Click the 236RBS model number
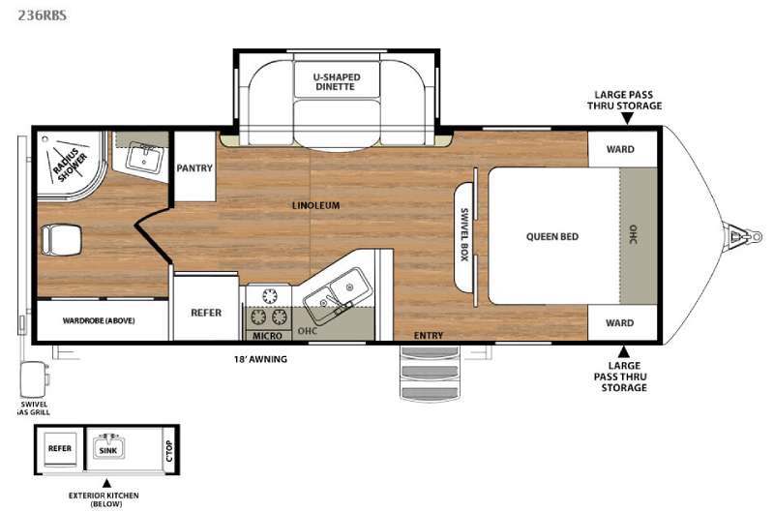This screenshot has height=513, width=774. pos(42,15)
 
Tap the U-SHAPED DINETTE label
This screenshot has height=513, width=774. pos(337,82)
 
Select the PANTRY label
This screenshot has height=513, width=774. pos(194,167)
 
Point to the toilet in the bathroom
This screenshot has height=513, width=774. pos(61,240)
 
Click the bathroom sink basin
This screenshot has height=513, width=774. pos(143,158)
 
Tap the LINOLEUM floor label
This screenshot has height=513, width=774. pos(316,205)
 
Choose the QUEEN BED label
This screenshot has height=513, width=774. pos(552,236)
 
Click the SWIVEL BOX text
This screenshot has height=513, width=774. pos(464,234)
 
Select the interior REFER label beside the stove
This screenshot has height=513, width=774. pos(206,313)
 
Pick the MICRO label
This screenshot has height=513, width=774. pos(267,336)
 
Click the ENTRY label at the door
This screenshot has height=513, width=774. pos(429,335)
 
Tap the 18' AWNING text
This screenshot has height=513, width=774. pos(260,359)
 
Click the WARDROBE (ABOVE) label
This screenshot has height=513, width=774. pos(99,320)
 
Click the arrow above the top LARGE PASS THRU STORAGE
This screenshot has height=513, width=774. pos(627,118)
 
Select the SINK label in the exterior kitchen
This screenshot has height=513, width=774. pos(108,450)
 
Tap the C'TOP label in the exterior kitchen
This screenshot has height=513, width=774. pos(169,451)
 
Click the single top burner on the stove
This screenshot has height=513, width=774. pos(270,296)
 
